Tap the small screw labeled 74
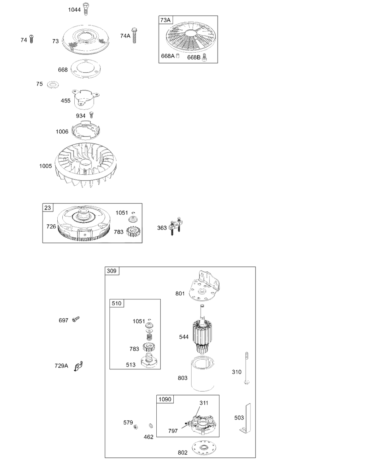[x=31, y=39]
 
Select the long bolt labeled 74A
[x=134, y=36]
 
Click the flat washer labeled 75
[x=53, y=85]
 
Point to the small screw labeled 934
[x=91, y=115]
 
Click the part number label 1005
[x=45, y=166]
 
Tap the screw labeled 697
[x=76, y=319]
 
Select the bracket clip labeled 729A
[x=78, y=367]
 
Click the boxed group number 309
[x=112, y=271]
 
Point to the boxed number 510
[x=116, y=303]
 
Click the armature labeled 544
[x=202, y=329]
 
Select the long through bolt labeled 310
[x=247, y=368]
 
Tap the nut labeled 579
[x=135, y=427]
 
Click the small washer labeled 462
[x=151, y=426]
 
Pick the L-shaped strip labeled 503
[x=245, y=419]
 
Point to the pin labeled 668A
[x=178, y=56]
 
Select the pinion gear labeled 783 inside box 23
[x=133, y=232]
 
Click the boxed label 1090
[x=165, y=399]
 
